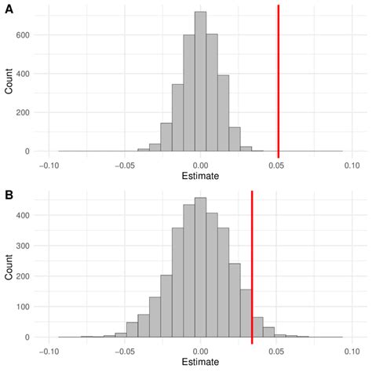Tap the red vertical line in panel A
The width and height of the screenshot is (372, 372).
279,78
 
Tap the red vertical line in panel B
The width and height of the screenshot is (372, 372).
252,267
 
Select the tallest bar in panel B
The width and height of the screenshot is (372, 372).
201,268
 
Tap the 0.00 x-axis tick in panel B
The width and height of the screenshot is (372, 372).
202,351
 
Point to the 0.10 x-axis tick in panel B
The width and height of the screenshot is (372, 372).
351,351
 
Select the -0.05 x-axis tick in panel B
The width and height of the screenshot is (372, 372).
126,351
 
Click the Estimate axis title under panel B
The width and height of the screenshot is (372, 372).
201,363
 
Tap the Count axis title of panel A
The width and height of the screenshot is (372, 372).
8,82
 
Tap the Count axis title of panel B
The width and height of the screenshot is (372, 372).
8,268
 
